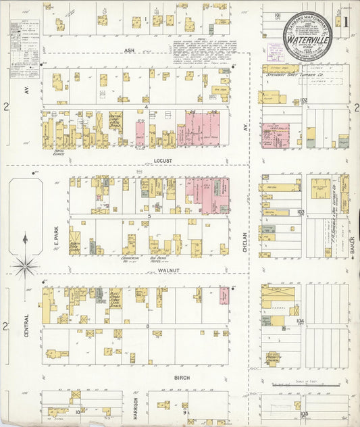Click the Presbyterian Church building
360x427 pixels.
tap(274, 357)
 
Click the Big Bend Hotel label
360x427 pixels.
tap(158, 258)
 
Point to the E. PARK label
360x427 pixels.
tap(57, 233)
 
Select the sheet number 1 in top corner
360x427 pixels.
tap(345, 21)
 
